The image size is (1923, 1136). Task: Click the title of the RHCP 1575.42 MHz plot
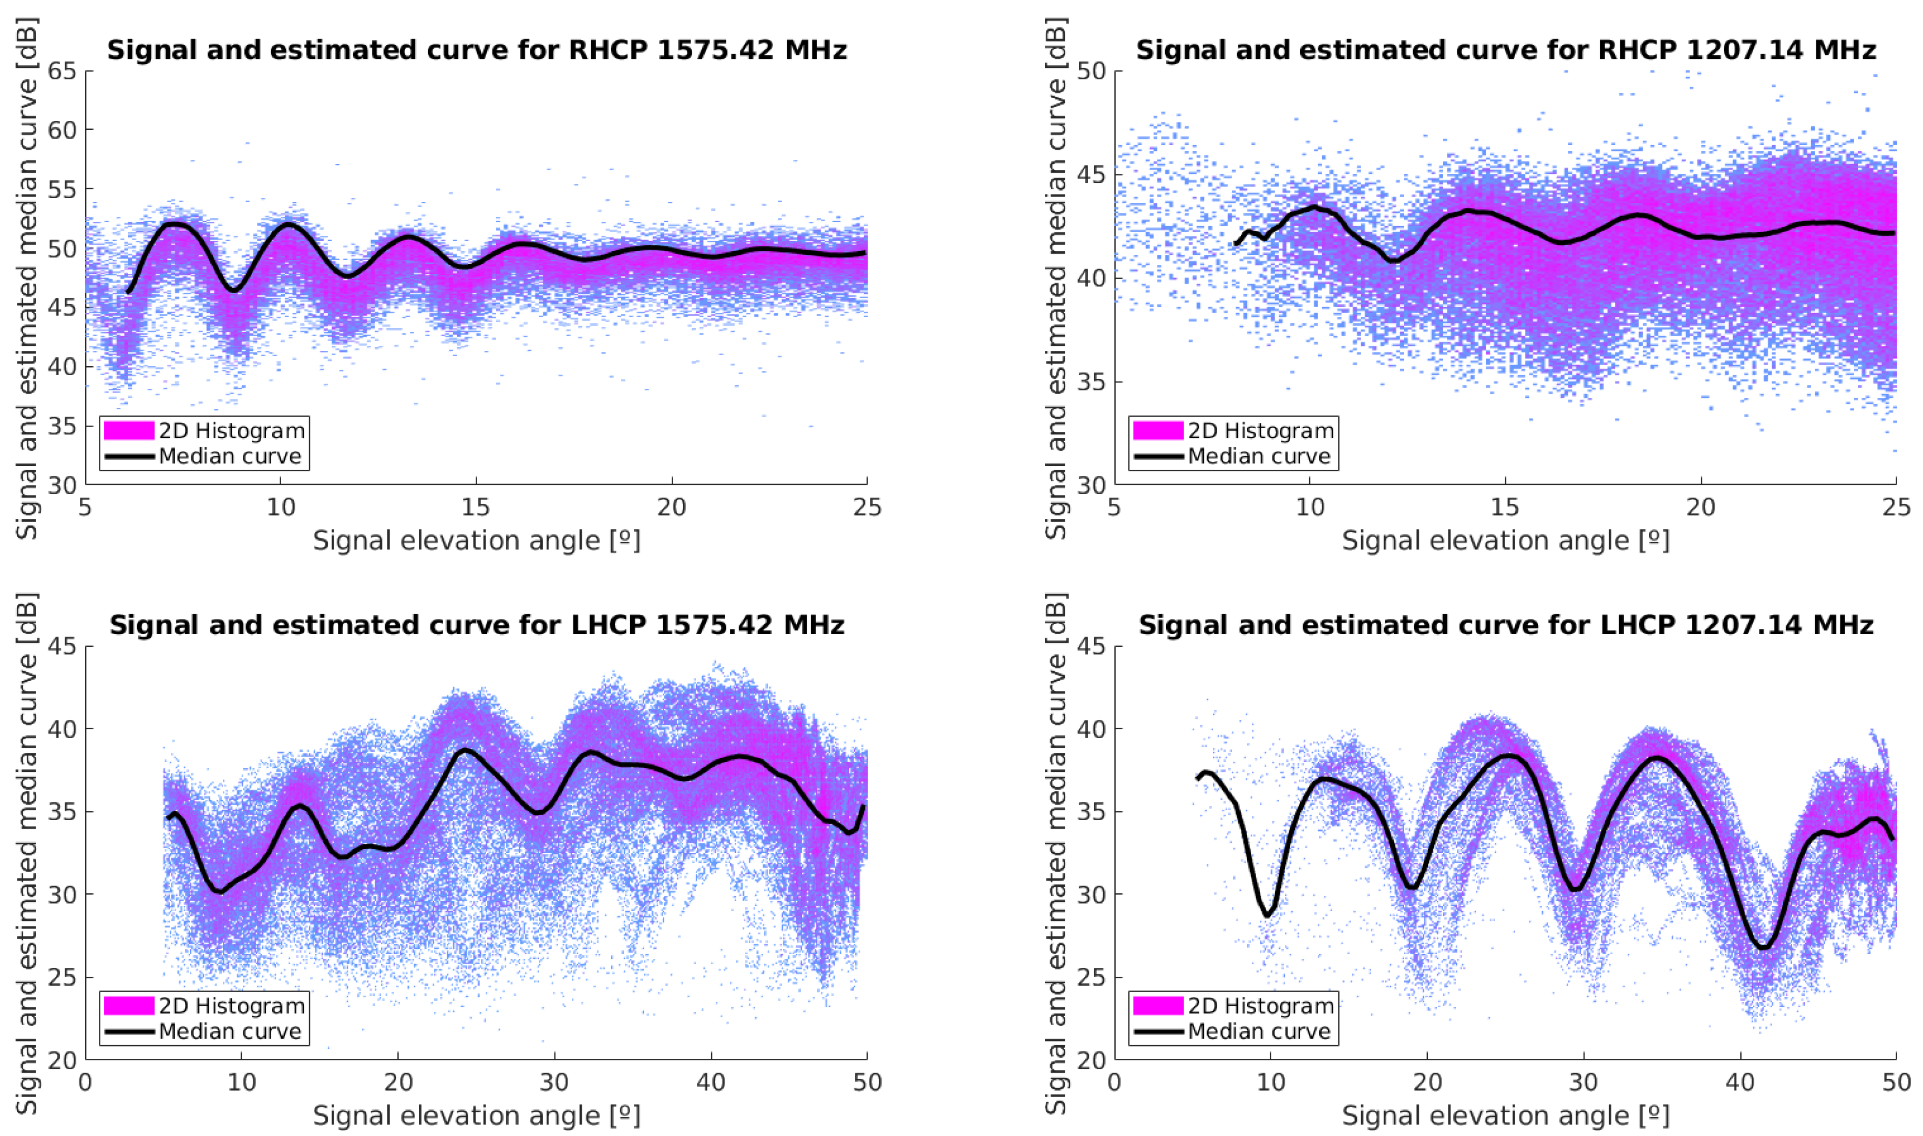[476, 50]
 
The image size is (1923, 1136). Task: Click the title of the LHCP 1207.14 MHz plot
[1505, 625]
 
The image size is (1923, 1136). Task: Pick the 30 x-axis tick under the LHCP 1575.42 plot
[554, 1082]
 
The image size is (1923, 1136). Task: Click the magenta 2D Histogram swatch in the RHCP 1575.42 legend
[129, 431]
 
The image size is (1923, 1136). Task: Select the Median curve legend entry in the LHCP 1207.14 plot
[1259, 1031]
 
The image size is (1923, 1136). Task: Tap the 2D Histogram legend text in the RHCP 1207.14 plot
[1260, 431]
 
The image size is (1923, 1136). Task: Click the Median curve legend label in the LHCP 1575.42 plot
[230, 1031]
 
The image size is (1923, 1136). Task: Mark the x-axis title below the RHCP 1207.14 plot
[1505, 541]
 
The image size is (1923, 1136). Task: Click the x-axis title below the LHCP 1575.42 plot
[476, 1116]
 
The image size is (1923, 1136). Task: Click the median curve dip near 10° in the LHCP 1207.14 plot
[1268, 915]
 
